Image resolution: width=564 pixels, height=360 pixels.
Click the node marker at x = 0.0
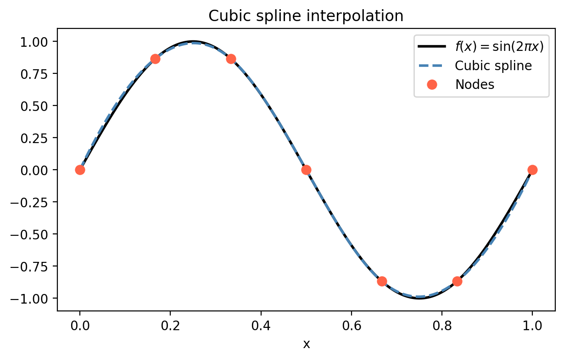click(x=80, y=170)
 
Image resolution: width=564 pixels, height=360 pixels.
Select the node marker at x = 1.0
click(x=532, y=170)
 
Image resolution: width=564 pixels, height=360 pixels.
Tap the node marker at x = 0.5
click(x=306, y=170)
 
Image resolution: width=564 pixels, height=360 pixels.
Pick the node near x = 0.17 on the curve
click(x=155, y=59)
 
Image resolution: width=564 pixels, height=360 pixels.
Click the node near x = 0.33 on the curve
click(x=231, y=59)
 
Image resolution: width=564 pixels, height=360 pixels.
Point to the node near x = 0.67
click(x=382, y=281)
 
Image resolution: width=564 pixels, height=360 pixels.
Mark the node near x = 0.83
click(x=457, y=281)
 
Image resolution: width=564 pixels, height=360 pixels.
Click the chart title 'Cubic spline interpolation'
click(x=306, y=17)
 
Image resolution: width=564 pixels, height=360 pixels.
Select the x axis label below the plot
click(x=306, y=344)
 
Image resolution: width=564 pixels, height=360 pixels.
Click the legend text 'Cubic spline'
click(x=493, y=66)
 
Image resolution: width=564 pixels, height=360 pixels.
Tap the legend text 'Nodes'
click(x=475, y=84)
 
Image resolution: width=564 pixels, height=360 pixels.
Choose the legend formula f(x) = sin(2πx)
click(x=499, y=47)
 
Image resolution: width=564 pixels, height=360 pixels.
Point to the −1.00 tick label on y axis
click(x=31, y=299)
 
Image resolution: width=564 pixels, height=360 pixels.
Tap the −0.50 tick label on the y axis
click(x=31, y=234)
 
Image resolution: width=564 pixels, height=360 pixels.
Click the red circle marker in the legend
click(x=432, y=84)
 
